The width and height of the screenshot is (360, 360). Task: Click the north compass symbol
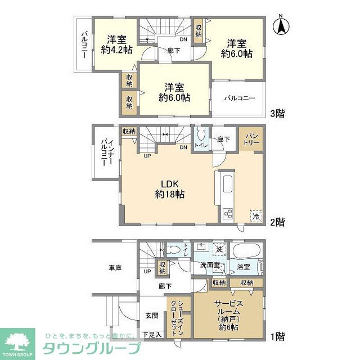pos(282,26)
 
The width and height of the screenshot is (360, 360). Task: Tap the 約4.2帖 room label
pos(117,44)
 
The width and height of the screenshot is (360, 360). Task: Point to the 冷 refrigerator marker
pos(256,216)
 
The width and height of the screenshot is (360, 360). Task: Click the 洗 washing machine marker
pos(219,249)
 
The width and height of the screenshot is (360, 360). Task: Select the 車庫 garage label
pos(115,268)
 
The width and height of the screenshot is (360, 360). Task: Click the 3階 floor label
pos(276,114)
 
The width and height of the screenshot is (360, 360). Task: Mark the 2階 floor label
pos(276,222)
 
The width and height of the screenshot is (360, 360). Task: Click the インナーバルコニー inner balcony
pos(106,152)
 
